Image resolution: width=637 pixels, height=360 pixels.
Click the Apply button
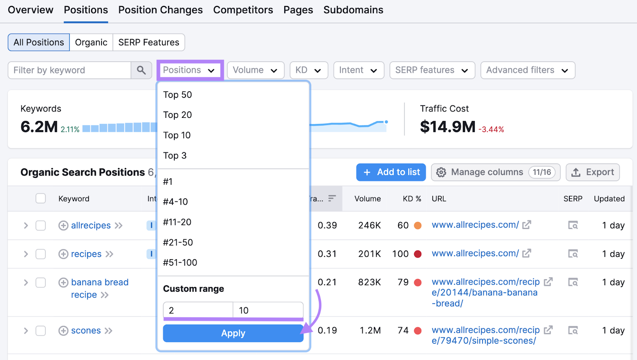coord(233,333)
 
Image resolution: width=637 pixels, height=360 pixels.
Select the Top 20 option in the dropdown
coord(178,115)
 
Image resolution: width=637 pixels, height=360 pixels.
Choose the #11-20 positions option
coord(177,222)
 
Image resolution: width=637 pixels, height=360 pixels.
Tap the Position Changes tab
coord(160,10)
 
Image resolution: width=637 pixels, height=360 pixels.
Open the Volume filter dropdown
coord(255,70)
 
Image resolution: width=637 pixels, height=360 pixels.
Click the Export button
coord(592,172)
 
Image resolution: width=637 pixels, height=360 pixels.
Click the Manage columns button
coord(495,172)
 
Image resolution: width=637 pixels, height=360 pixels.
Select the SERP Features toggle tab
coord(149,42)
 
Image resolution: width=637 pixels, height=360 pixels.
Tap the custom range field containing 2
coord(197,310)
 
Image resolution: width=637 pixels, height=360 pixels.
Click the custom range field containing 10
coord(268,310)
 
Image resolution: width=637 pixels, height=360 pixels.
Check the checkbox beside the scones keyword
coord(41,331)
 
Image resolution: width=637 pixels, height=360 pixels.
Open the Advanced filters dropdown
coord(527,70)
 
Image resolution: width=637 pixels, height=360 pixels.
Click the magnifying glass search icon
coord(141,70)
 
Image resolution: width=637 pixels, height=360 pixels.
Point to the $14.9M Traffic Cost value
coord(447,127)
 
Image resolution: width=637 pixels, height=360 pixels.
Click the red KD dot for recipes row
coord(418,254)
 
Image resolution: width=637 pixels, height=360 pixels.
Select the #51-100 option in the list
coord(180,263)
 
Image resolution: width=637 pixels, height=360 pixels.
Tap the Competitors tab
coord(243,10)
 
